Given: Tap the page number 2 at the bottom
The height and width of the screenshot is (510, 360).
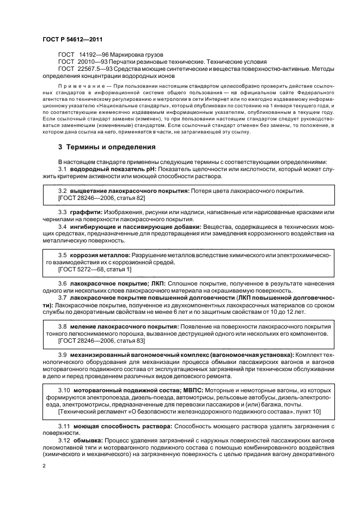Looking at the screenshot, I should pyautogui.click(x=44, y=466).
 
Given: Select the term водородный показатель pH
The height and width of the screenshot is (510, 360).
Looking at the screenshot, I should pyautogui.click(x=113, y=169).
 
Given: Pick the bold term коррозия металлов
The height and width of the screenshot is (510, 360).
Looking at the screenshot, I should pyautogui.click(x=101, y=255).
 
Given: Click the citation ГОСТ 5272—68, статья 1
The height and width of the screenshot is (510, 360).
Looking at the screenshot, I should pyautogui.click(x=95, y=269).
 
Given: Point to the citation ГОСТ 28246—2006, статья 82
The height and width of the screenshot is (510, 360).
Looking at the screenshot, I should pyautogui.click(x=102, y=198).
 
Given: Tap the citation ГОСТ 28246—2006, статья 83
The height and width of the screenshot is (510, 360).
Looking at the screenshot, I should pyautogui.click(x=102, y=340).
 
